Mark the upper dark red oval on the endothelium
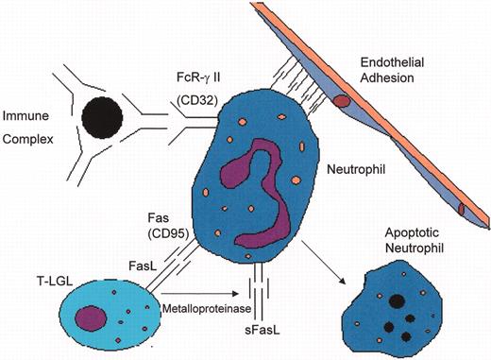coord(341,100)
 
